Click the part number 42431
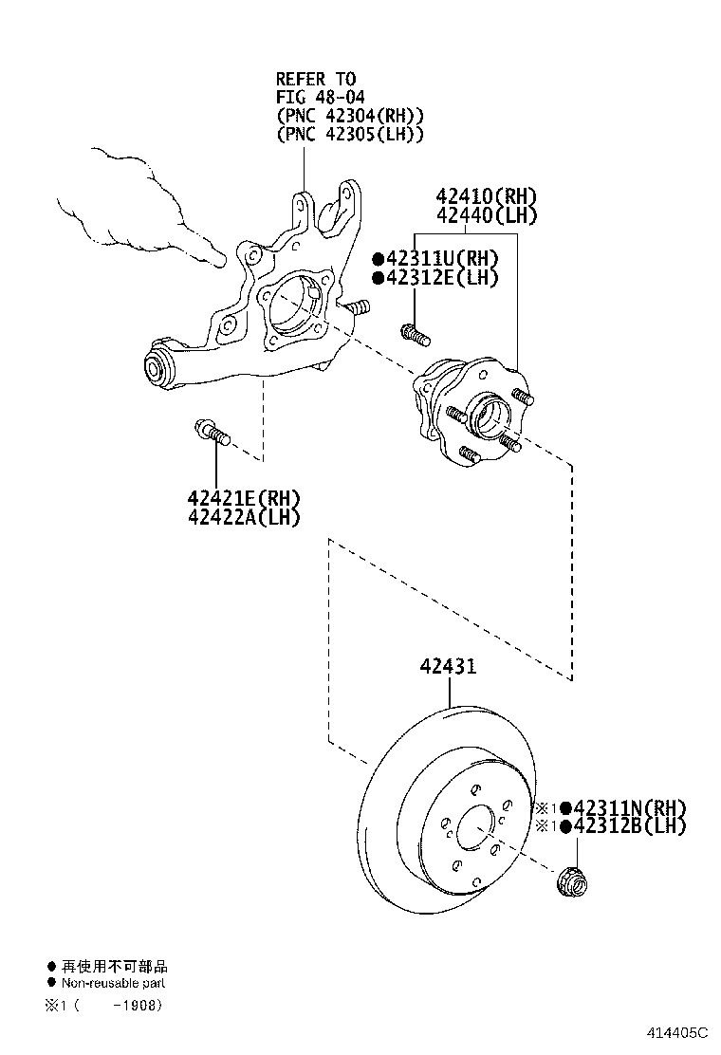click(448, 667)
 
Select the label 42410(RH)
click(486, 196)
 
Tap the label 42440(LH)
click(486, 216)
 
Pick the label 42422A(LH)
click(243, 518)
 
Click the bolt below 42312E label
click(415, 332)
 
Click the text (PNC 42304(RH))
click(349, 116)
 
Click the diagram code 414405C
click(678, 1032)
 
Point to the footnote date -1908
click(136, 1004)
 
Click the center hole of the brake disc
click(476, 828)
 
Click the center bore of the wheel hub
click(486, 414)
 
